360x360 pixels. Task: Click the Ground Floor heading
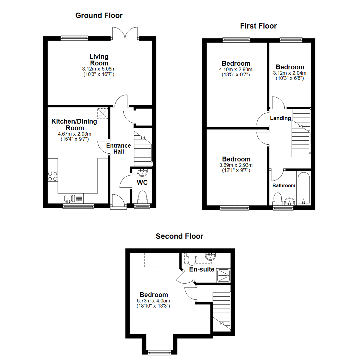point(99,15)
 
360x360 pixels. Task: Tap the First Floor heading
point(258,26)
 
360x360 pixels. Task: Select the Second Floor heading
point(180,236)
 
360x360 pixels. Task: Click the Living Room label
point(99,60)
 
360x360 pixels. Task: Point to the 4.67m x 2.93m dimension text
point(75,134)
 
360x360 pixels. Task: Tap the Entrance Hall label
point(118,149)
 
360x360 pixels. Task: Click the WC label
point(142,183)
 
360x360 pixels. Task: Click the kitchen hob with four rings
point(53,176)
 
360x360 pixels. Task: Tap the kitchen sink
point(73,198)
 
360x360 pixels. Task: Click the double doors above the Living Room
point(125,33)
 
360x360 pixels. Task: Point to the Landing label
point(280,118)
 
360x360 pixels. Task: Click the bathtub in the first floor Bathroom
point(304,188)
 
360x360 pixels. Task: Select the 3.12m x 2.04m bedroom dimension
point(290,73)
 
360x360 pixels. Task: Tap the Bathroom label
point(284,186)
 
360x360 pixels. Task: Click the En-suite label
point(202,269)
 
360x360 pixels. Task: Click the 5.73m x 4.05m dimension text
point(153,301)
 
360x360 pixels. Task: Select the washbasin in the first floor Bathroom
point(290,202)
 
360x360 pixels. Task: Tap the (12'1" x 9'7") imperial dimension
point(236,170)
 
